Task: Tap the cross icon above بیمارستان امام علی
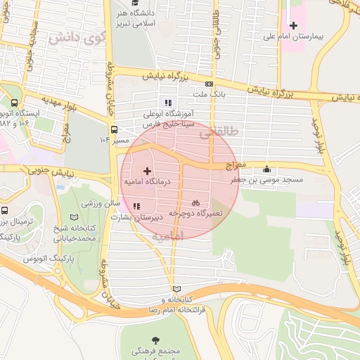point(294,25)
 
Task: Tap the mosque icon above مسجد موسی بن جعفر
point(266,169)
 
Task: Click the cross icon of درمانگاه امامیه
point(147,171)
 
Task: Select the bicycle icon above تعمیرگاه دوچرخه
point(195,202)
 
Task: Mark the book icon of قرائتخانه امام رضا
point(176,289)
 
